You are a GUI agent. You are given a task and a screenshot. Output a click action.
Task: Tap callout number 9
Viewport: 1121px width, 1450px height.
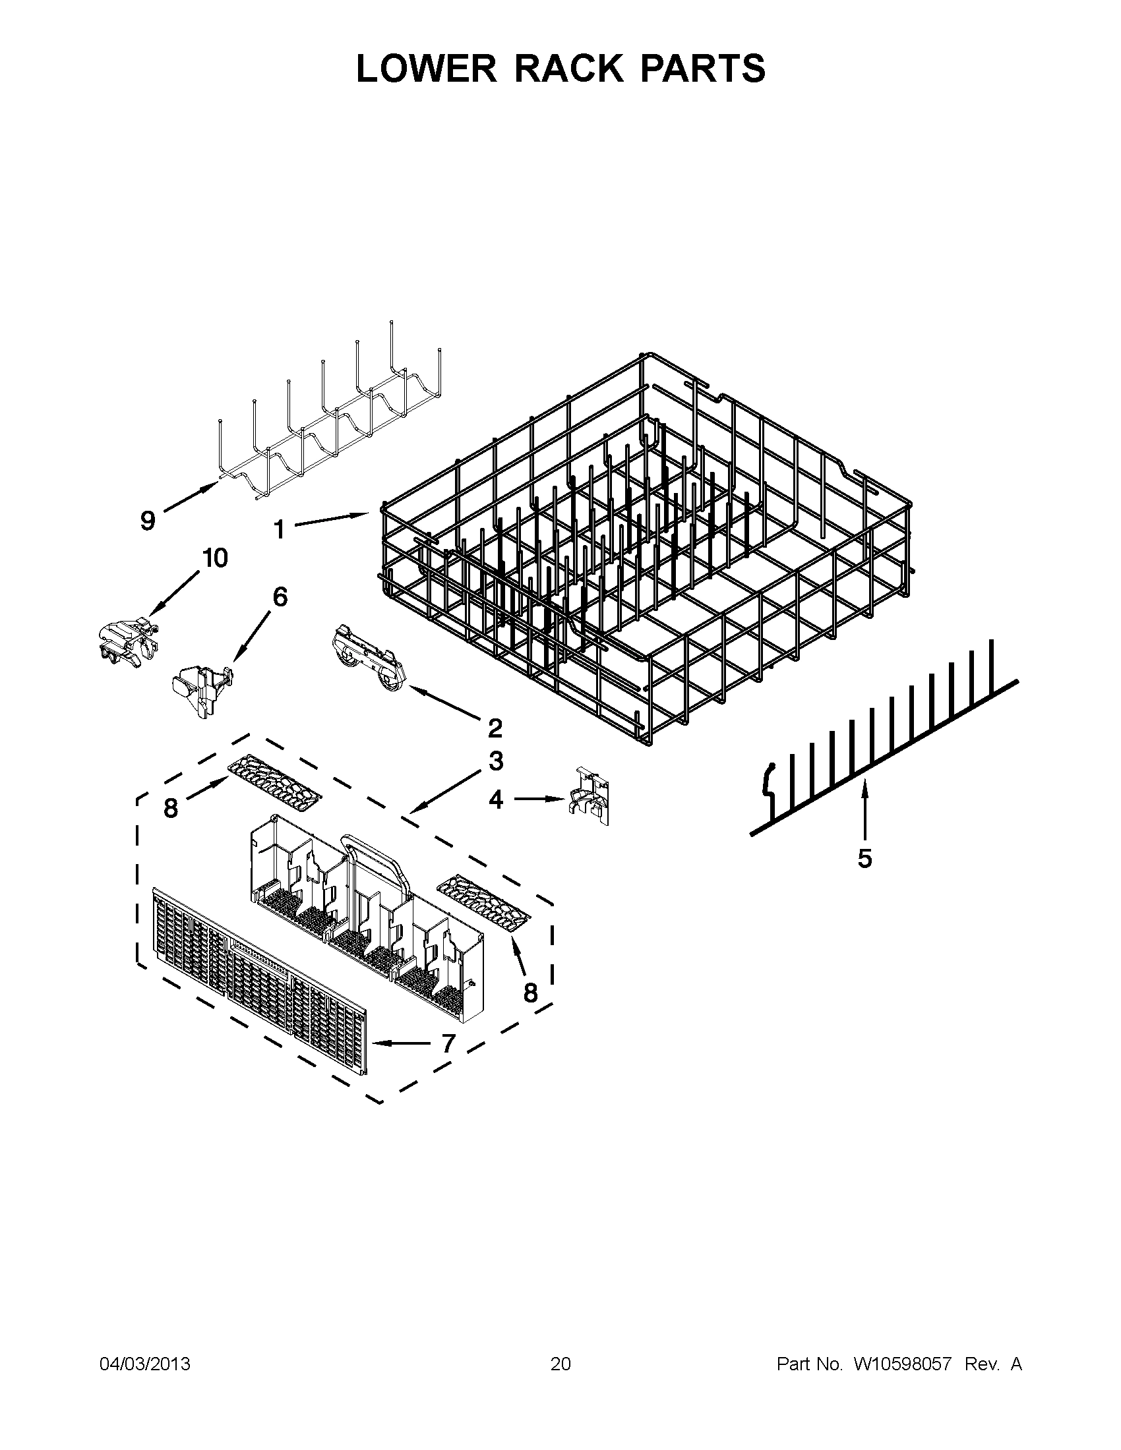pyautogui.click(x=148, y=521)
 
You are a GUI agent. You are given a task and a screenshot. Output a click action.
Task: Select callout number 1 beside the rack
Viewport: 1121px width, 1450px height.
pyautogui.click(x=280, y=529)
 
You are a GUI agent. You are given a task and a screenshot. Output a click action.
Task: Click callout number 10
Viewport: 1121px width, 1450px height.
pyautogui.click(x=215, y=558)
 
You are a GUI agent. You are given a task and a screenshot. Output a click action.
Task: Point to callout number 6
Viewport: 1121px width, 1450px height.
pyautogui.click(x=280, y=598)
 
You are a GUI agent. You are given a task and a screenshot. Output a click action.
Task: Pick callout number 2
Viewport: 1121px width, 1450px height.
pyautogui.click(x=495, y=728)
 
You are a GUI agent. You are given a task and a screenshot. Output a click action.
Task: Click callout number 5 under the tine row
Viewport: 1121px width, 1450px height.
pyautogui.click(x=864, y=858)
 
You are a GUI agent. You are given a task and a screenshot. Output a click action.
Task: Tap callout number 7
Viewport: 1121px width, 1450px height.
pyautogui.click(x=448, y=1044)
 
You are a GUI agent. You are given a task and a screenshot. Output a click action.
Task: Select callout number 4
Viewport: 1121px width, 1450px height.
pyautogui.click(x=496, y=800)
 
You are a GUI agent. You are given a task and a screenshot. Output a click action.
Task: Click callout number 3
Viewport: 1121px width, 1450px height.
pyautogui.click(x=496, y=761)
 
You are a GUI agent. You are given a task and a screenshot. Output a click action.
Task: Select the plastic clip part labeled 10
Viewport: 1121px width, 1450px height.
pyautogui.click(x=126, y=642)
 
